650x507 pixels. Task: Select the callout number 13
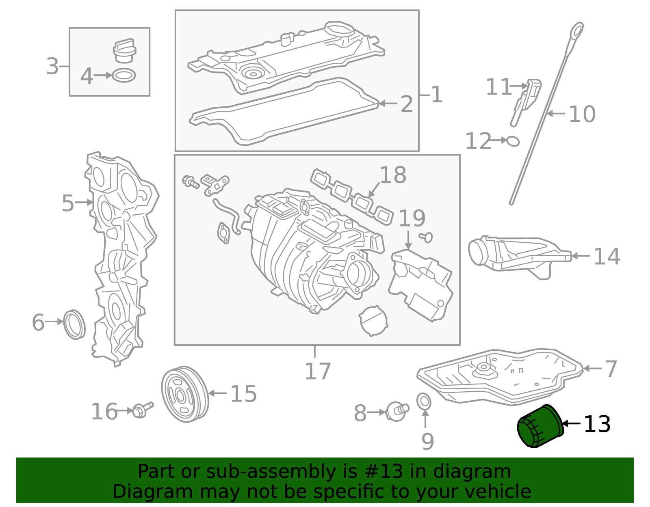pos(597,424)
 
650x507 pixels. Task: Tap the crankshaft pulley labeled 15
pos(185,394)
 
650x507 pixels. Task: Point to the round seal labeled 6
pos(75,324)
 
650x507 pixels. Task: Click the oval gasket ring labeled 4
pos(124,76)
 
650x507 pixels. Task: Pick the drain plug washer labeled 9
pos(424,401)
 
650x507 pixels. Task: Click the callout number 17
pos(318,371)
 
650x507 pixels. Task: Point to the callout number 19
pos(412,219)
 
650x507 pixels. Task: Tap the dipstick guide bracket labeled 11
pos(526,101)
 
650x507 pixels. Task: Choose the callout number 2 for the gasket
pos(406,104)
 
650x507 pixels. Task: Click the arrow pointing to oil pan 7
pos(593,369)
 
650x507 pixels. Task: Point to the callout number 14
pos(607,257)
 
